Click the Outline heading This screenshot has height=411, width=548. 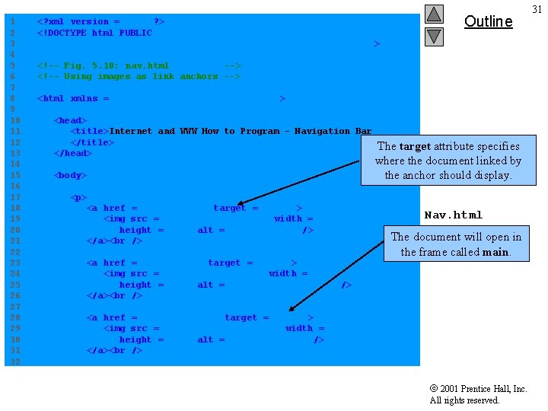pos(488,21)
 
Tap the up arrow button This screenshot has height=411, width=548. pos(434,14)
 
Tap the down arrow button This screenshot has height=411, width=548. pos(434,36)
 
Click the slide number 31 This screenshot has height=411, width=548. pos(537,9)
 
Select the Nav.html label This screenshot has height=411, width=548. pos(453,215)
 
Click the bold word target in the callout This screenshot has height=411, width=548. pos(415,146)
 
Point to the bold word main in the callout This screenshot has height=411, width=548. pos(495,252)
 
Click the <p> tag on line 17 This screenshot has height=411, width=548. pos(78,197)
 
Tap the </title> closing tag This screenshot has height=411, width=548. pos(92,142)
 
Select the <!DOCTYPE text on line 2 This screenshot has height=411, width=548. pos(62,33)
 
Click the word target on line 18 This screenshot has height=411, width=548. pos(229,208)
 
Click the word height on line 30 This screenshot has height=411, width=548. pos(135,339)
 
